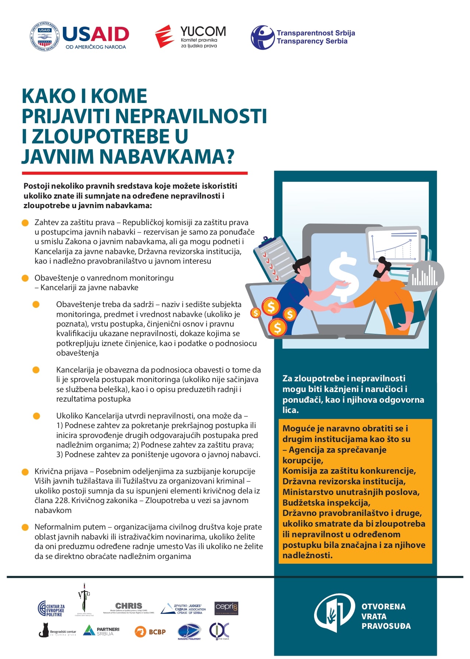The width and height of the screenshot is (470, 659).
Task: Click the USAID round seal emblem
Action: click(x=44, y=37)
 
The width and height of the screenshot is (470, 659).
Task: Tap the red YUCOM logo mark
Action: click(x=164, y=36)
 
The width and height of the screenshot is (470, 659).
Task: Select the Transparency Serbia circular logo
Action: click(x=263, y=37)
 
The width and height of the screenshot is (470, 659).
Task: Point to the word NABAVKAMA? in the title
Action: click(x=167, y=156)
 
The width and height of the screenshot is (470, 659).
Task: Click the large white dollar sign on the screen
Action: click(x=343, y=271)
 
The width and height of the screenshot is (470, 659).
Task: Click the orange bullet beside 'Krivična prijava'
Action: click(x=25, y=472)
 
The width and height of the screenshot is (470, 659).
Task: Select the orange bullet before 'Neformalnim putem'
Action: click(x=25, y=527)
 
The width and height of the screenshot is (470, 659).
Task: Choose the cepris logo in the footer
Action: click(x=227, y=608)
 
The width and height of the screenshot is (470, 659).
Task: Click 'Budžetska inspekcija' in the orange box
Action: click(x=326, y=503)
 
